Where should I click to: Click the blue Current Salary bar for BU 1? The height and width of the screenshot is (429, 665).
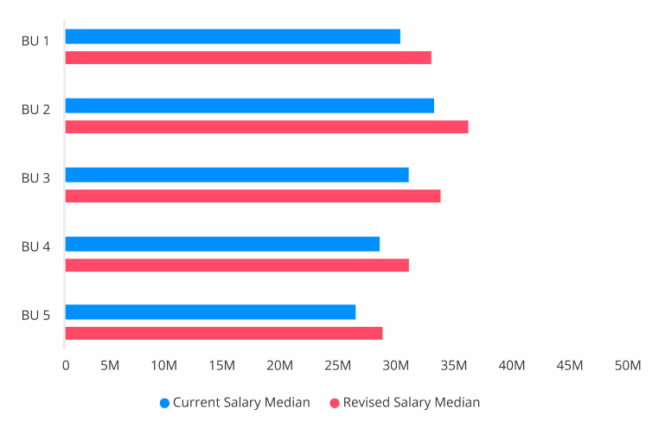coord(233,36)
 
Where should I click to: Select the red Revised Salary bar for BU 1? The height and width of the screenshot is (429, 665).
coord(248,58)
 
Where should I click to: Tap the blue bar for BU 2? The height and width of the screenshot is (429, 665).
coord(249,106)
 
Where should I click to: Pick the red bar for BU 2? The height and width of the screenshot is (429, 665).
coord(266,127)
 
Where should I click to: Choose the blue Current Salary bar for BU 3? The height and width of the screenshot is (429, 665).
coord(237,175)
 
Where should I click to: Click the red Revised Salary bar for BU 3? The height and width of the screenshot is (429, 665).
coord(253,196)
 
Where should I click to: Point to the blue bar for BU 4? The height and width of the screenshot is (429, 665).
coord(222,244)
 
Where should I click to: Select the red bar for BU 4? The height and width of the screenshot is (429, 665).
coord(237,266)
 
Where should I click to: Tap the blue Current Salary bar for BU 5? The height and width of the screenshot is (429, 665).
coord(210,312)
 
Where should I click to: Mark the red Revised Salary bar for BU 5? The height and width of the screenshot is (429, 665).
coord(224,334)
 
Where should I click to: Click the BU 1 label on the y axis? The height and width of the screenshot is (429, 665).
coord(35,41)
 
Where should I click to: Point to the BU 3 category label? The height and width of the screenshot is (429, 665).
coord(35,178)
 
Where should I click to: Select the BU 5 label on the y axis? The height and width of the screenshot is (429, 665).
coord(35,315)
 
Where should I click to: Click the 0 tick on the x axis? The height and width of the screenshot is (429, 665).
coord(66,366)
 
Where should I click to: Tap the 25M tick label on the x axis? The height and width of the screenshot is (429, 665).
coord(338,366)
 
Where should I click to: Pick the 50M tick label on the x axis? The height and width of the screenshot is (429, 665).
coord(627,366)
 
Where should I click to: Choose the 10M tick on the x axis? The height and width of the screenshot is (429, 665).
coord(164,366)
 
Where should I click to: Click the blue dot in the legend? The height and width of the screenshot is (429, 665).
coord(164,403)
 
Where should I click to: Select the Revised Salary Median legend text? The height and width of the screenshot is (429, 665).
coord(411,402)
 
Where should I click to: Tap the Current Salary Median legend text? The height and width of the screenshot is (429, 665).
coord(241,402)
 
